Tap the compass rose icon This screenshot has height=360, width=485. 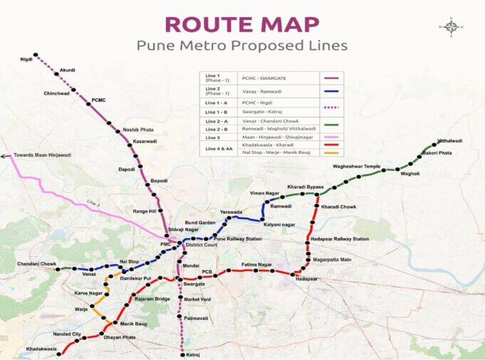(451, 27)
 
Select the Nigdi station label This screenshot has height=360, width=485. (27, 58)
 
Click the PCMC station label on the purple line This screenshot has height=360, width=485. (98, 101)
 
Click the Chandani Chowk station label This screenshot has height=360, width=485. (37, 264)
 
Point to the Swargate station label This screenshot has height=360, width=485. (194, 284)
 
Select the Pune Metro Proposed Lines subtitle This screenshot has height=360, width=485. (241, 46)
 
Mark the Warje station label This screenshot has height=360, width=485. (81, 309)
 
